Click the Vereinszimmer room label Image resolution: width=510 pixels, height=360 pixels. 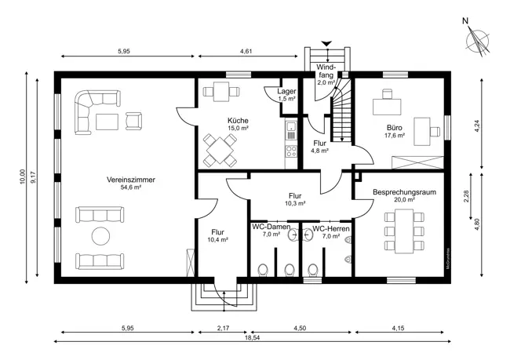(x=131, y=180)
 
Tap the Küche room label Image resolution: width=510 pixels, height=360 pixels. (x=238, y=121)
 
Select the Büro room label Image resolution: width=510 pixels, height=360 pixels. (x=394, y=128)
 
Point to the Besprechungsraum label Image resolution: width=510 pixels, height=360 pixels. (x=404, y=192)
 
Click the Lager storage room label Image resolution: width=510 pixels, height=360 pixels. (x=286, y=92)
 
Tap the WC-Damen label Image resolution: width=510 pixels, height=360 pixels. (x=271, y=227)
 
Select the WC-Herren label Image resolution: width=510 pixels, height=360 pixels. (x=331, y=229)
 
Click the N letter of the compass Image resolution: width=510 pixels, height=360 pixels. (x=465, y=21)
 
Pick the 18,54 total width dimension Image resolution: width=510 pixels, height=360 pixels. (x=252, y=337)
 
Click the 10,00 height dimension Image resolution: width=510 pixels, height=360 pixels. (x=22, y=176)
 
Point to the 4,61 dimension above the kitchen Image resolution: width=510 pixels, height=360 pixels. (x=246, y=51)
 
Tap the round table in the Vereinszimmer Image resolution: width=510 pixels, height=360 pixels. (x=101, y=236)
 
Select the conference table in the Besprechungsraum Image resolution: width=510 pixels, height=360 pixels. (x=404, y=231)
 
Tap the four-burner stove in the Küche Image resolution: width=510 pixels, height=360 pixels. (x=291, y=152)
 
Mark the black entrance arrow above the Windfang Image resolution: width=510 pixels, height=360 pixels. (x=326, y=43)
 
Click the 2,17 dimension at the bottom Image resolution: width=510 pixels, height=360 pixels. (x=223, y=328)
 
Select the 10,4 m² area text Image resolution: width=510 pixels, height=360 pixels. (x=217, y=240)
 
